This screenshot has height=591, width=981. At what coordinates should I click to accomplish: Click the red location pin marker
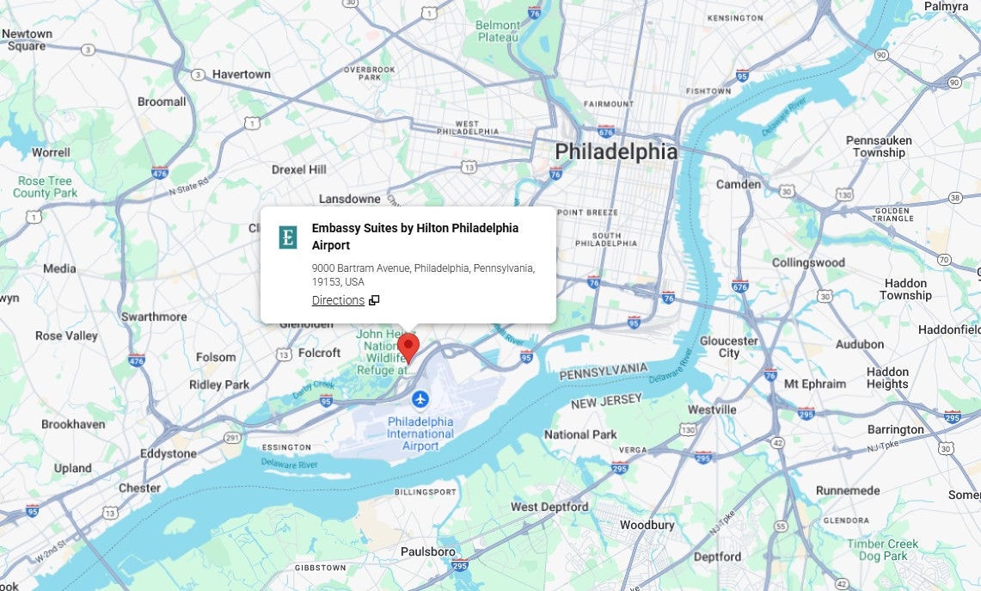pos(408,346)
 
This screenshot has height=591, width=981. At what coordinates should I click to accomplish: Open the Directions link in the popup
pos(338,300)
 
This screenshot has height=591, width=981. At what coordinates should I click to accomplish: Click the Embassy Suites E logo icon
pos(288,237)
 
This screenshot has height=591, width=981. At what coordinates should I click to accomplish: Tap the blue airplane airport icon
pos(420,399)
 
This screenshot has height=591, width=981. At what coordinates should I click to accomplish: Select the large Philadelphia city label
pos(616,152)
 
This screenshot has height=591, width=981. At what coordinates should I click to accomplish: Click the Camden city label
pos(739,184)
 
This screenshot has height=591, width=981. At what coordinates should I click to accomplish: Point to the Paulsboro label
pos(429,551)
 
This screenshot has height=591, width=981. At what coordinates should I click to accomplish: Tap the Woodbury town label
pos(646,525)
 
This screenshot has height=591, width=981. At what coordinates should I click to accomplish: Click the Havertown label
pos(242,74)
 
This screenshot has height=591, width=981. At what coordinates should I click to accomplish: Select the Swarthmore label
pos(154,317)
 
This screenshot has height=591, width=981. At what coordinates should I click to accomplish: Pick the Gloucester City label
pos(729,347)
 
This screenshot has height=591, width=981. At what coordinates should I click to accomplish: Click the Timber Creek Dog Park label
pos(882,550)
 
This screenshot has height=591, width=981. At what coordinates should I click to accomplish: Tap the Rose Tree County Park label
pos(46,187)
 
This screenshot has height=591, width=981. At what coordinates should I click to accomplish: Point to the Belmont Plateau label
pos(498,31)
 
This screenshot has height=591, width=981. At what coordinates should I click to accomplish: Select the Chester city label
pos(139,488)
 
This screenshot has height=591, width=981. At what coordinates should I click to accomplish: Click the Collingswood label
pos(808,262)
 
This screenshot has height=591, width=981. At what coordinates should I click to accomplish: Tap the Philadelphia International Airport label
pos(420,434)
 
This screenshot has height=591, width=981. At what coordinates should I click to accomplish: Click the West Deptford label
pos(549,507)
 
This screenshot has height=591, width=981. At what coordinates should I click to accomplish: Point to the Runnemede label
pos(848,489)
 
